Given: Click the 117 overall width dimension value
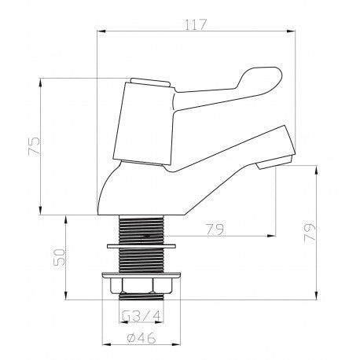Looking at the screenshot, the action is (196, 24).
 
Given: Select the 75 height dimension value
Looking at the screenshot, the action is (35, 146).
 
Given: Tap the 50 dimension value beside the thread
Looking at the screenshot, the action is (59, 257).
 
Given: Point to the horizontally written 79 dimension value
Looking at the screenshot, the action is (215, 230).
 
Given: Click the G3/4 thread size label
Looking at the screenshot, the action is (141, 315).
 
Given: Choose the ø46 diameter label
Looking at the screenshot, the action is (141, 338).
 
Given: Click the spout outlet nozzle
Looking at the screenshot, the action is (274, 162).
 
